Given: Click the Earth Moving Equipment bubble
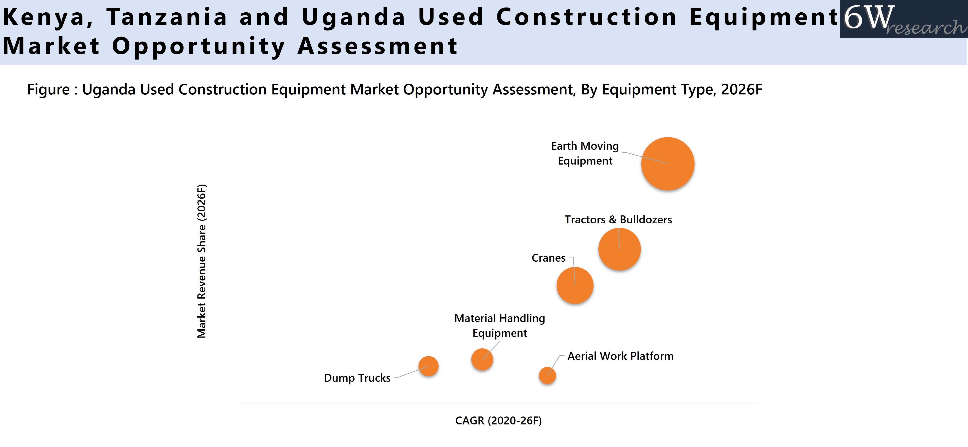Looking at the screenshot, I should [668, 164].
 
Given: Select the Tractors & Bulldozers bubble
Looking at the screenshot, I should [619, 249].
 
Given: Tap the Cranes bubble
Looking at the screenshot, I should [575, 285].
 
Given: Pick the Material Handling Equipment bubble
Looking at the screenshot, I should [482, 359].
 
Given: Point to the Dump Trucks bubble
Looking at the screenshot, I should [428, 366].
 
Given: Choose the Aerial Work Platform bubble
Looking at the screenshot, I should [547, 376].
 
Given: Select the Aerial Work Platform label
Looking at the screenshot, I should [621, 356].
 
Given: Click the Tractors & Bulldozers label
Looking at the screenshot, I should [618, 220].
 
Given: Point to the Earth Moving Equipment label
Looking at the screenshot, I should [585, 153].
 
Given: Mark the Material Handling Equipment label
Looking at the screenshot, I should [499, 326].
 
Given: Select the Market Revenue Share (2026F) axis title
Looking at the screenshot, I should [202, 261].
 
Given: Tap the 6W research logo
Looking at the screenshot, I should [903, 19].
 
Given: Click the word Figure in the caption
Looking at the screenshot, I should [48, 90].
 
